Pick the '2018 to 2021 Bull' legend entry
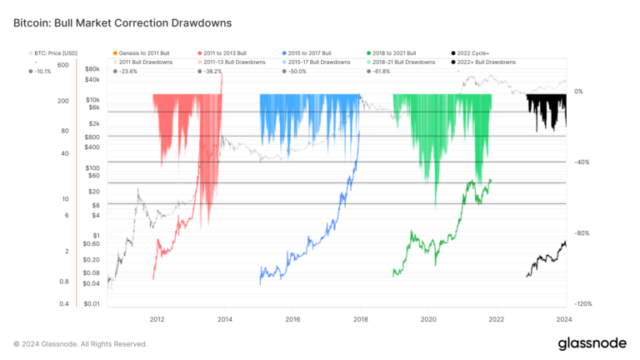click(x=395, y=52)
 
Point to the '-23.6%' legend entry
click(x=128, y=71)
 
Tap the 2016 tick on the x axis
click(x=292, y=319)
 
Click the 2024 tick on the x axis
click(x=563, y=319)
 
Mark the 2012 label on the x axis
click(x=157, y=319)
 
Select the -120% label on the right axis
click(x=583, y=304)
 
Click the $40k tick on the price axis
click(x=92, y=80)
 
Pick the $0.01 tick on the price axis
click(x=92, y=304)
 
